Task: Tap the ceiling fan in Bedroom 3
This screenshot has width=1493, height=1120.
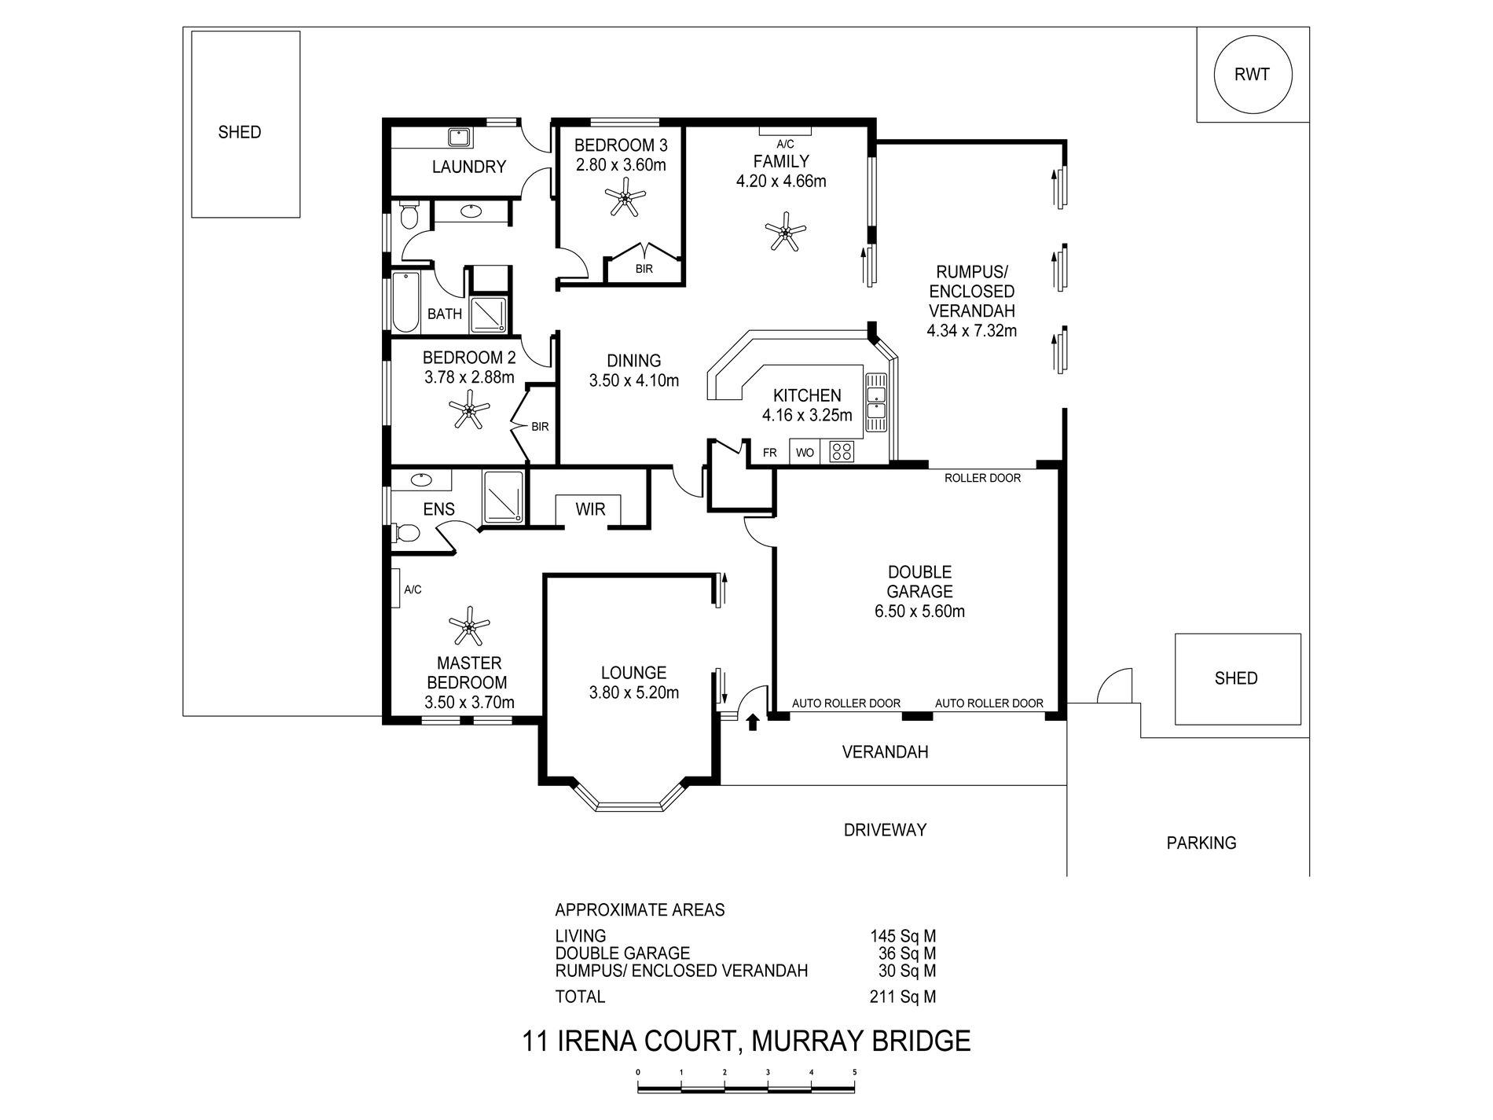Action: pyautogui.click(x=625, y=196)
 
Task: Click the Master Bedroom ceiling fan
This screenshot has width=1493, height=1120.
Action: pyautogui.click(x=469, y=626)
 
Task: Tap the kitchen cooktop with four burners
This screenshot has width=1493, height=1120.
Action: pyautogui.click(x=842, y=451)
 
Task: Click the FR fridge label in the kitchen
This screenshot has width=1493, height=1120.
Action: pyautogui.click(x=770, y=453)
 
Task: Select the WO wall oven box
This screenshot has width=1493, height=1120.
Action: pyautogui.click(x=805, y=452)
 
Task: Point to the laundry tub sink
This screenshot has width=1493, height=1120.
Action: pyautogui.click(x=459, y=138)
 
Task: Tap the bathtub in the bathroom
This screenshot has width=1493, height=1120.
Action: pyautogui.click(x=405, y=303)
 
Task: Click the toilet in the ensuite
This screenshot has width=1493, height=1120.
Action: pyautogui.click(x=405, y=534)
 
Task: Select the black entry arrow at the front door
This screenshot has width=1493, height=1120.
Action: pyautogui.click(x=753, y=722)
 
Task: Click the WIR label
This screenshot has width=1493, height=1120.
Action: pyautogui.click(x=590, y=509)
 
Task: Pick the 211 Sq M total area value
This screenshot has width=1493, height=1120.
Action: pyautogui.click(x=903, y=997)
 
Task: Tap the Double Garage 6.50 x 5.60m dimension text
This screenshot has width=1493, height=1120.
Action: pyautogui.click(x=919, y=611)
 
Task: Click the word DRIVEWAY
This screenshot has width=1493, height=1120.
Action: pyautogui.click(x=885, y=830)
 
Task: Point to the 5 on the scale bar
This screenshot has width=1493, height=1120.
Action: pyautogui.click(x=854, y=1072)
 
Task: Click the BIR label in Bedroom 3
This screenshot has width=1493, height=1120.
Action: pyautogui.click(x=644, y=269)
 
